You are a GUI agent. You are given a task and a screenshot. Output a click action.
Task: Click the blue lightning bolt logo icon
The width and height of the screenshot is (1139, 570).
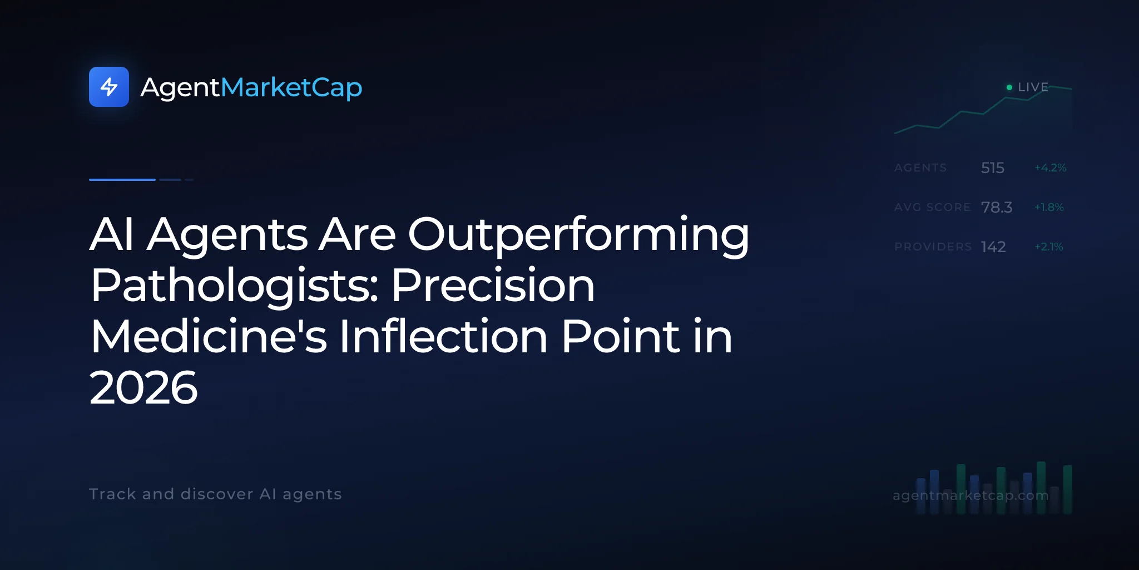pyautogui.click(x=109, y=87)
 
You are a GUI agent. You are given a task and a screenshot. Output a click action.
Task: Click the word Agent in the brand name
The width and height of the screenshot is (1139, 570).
pyautogui.click(x=181, y=88)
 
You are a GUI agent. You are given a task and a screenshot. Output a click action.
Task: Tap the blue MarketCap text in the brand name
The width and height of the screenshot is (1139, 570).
pyautogui.click(x=291, y=88)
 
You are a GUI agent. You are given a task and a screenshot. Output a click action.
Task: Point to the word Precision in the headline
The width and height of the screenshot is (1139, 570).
pyautogui.click(x=493, y=286)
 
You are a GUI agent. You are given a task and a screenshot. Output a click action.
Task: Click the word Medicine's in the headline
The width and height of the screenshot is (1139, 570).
pyautogui.click(x=209, y=337)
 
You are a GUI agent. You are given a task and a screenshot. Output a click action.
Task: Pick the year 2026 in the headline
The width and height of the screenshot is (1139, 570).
pyautogui.click(x=143, y=388)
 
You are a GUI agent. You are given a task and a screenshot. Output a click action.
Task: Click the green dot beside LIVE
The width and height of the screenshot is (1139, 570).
pyautogui.click(x=1009, y=87)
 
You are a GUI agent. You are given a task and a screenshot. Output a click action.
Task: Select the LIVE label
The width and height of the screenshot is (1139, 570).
pyautogui.click(x=1033, y=87)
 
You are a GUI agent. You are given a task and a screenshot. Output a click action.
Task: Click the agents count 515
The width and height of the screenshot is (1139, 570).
pyautogui.click(x=993, y=168)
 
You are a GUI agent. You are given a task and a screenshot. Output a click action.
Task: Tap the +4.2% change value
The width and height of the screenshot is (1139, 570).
pyautogui.click(x=1051, y=168)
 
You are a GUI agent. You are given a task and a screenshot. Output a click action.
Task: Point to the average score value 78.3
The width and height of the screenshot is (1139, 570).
pyautogui.click(x=997, y=207)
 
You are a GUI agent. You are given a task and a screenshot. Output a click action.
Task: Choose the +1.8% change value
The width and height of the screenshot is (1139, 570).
pyautogui.click(x=1049, y=207)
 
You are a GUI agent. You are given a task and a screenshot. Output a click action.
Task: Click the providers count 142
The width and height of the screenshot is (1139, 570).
pyautogui.click(x=993, y=247)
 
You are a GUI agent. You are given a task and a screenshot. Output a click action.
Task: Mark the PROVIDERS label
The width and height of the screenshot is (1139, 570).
pyautogui.click(x=933, y=247)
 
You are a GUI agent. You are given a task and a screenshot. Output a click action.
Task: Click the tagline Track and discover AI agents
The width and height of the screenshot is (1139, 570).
pyautogui.click(x=215, y=494)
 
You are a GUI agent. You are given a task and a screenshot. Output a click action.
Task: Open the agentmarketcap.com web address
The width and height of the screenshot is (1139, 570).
pyautogui.click(x=970, y=495)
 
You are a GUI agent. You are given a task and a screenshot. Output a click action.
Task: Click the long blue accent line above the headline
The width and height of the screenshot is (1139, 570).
pyautogui.click(x=122, y=180)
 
